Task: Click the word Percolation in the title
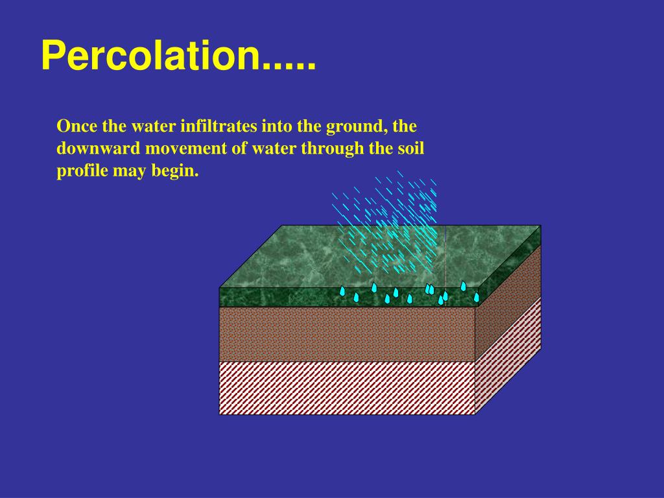pos(149,57)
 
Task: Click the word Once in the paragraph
pos(78,125)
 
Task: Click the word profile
pos(80,172)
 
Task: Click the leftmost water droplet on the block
pos(342,291)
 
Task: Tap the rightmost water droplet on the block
pos(477,297)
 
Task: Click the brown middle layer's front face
pos(347,333)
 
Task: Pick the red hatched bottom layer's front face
pos(347,387)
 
